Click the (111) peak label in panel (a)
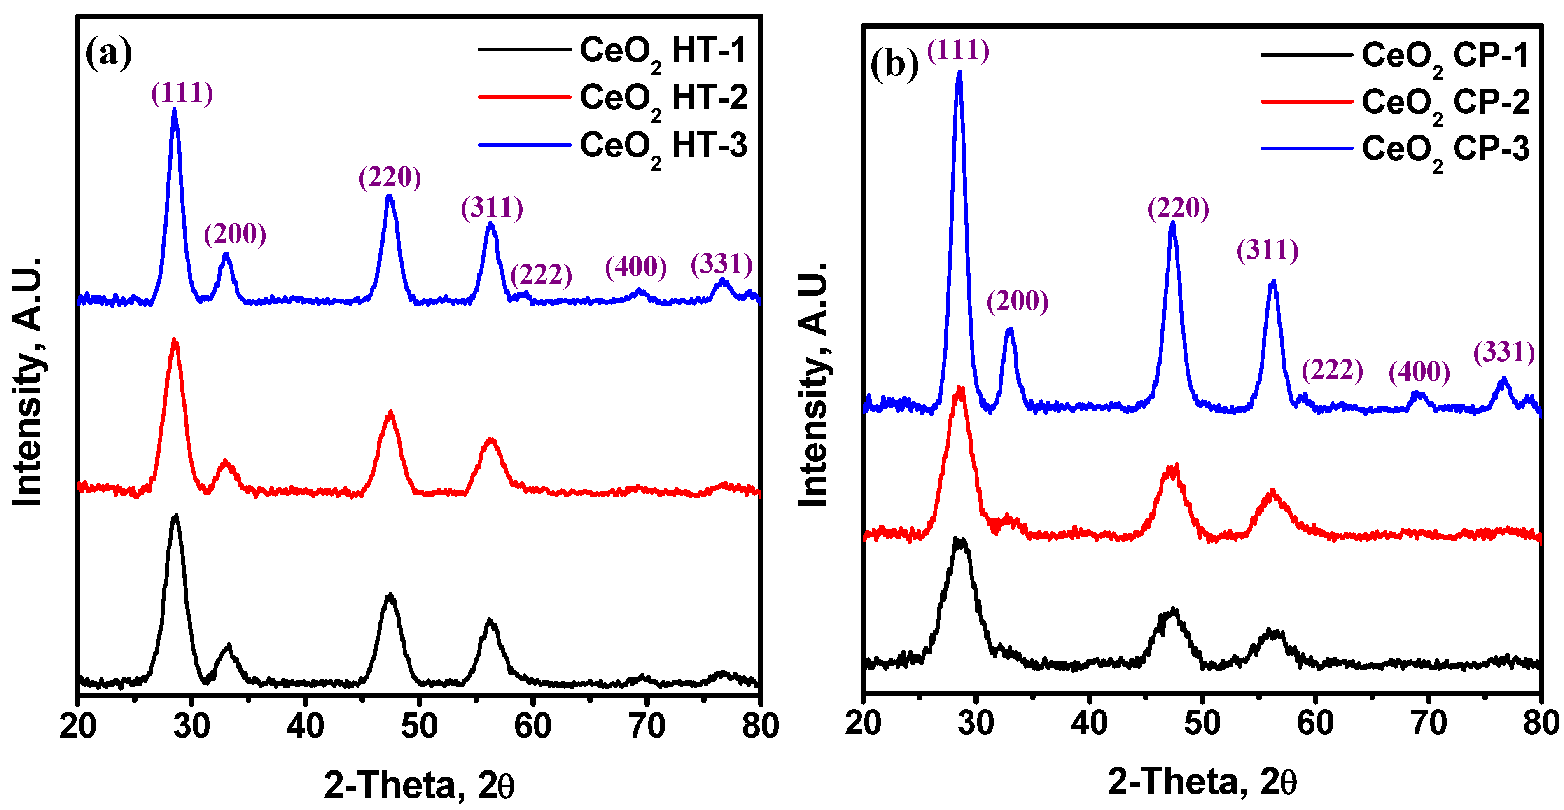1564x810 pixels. click(182, 93)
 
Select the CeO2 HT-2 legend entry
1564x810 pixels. click(663, 98)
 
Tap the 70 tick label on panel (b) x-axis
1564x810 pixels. click(1428, 723)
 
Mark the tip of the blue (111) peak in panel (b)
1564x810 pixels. click(959, 73)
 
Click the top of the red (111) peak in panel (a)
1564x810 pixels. click(175, 341)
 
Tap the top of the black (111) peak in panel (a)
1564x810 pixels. click(176, 516)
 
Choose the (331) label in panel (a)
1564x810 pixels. click(721, 264)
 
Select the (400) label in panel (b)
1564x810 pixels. click(1419, 371)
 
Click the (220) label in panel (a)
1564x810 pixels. click(390, 177)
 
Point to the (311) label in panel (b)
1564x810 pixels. click(1268, 250)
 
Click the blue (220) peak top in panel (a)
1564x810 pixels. click(390, 197)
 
